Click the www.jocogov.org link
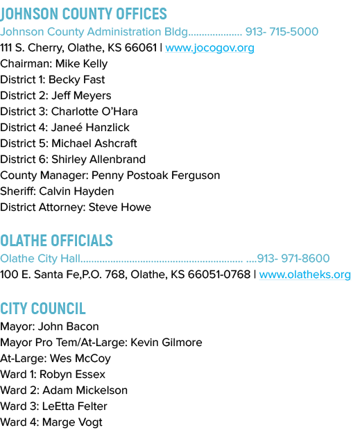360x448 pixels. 209,48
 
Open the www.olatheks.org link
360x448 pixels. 305,275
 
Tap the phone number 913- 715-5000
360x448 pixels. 282,32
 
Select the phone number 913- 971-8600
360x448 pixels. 293,258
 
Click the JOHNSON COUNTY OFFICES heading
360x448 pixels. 83,14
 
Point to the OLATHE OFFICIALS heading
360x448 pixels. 57,241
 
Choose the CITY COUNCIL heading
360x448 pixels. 43,309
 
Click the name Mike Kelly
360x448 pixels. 81,64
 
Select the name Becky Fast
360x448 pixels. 77,80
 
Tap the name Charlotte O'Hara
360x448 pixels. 94,112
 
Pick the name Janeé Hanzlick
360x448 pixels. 90,128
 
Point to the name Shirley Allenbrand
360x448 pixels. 98,160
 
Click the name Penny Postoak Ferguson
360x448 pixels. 155,175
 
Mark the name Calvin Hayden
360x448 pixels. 76,191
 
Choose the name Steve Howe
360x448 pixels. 120,207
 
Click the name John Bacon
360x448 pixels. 69,327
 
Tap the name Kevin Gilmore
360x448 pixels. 166,343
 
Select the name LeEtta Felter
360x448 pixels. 75,406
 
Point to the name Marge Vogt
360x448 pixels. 72,422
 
